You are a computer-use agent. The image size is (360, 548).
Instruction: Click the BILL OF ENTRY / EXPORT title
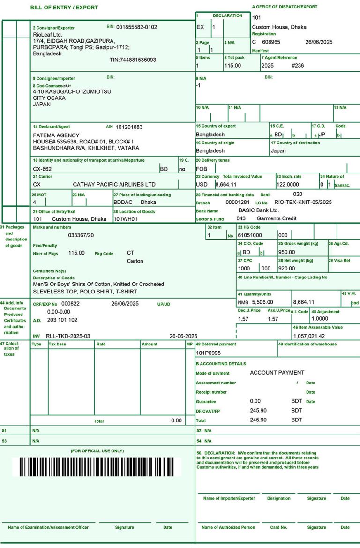coord(64,8)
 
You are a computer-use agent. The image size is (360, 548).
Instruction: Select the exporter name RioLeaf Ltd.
coord(47,35)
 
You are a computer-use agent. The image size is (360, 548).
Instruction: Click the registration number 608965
coord(271,42)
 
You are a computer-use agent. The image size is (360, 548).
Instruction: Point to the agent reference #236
coord(298,66)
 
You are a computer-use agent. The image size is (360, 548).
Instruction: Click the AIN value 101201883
coord(129,127)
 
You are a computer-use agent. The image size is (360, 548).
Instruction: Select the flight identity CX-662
coord(42,169)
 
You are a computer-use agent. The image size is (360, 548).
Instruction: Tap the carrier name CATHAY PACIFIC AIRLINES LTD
coord(114,185)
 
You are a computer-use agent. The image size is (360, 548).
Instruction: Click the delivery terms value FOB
coord(202,169)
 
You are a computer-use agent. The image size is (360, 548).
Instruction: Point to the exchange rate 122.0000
coord(288,185)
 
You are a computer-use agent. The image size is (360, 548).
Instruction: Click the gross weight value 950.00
coord(286,252)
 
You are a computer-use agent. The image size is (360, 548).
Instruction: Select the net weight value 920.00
coord(286,269)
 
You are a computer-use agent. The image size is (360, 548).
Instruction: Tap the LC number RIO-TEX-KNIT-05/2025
coord(303,203)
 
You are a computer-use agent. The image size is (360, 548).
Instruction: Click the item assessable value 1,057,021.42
coord(309,336)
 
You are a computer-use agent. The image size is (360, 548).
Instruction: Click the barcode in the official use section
coord(97,467)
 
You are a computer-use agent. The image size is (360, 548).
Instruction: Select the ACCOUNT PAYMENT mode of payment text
coord(277,373)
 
